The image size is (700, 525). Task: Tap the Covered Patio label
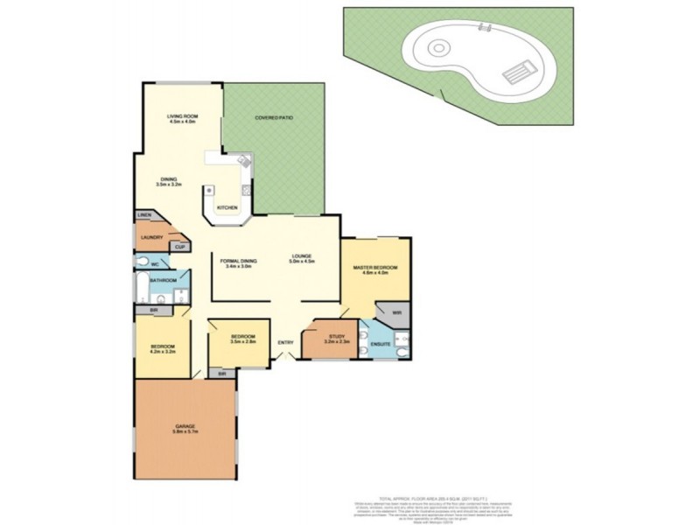272,116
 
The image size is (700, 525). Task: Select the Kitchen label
227,207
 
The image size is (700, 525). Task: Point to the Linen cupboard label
143,215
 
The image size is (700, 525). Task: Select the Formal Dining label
237,259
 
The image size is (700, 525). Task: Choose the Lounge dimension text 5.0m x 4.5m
303,262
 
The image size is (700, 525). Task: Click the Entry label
285,342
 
